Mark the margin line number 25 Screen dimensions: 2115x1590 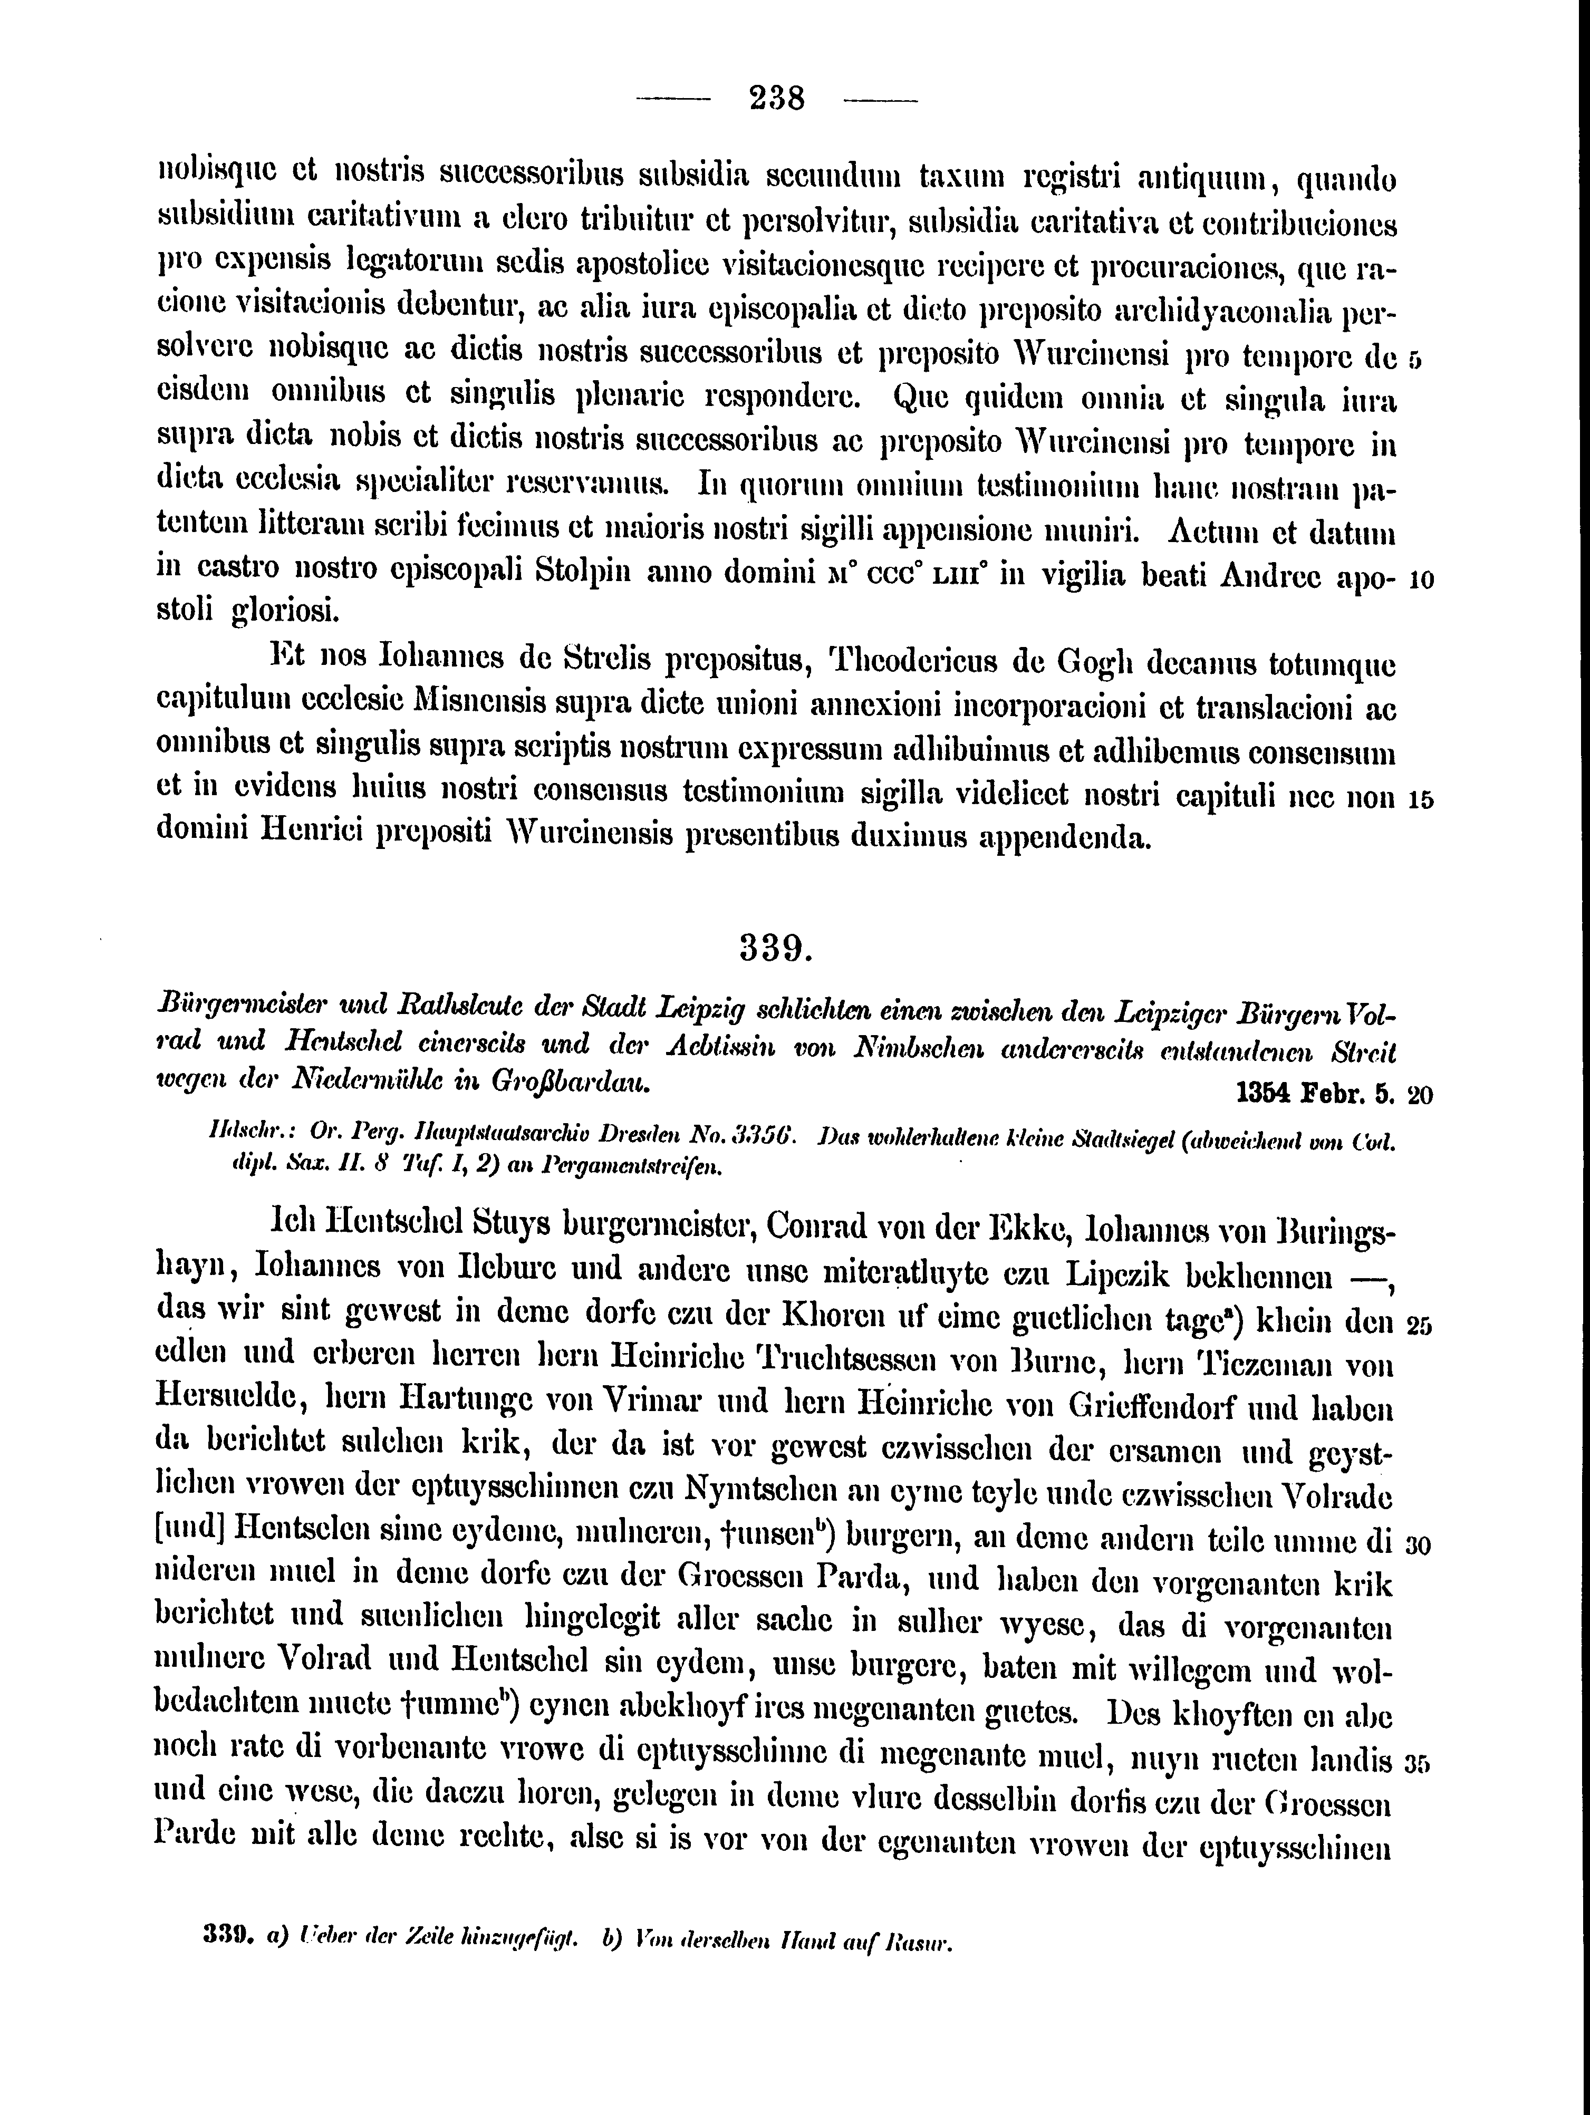point(1420,1326)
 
